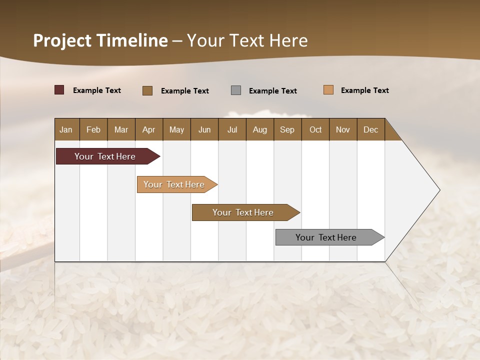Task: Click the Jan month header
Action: [66, 129]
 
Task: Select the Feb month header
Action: [93, 129]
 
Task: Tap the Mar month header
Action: [121, 129]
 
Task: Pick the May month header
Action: [176, 129]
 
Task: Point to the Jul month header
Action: [232, 129]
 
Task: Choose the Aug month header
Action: [259, 129]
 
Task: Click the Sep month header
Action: [287, 129]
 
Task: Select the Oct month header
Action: [315, 129]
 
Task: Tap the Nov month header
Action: [343, 129]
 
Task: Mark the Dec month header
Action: [370, 129]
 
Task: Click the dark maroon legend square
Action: [59, 90]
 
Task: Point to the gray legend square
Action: [236, 90]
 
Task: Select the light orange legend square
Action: [328, 90]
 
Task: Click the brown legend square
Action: [147, 90]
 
